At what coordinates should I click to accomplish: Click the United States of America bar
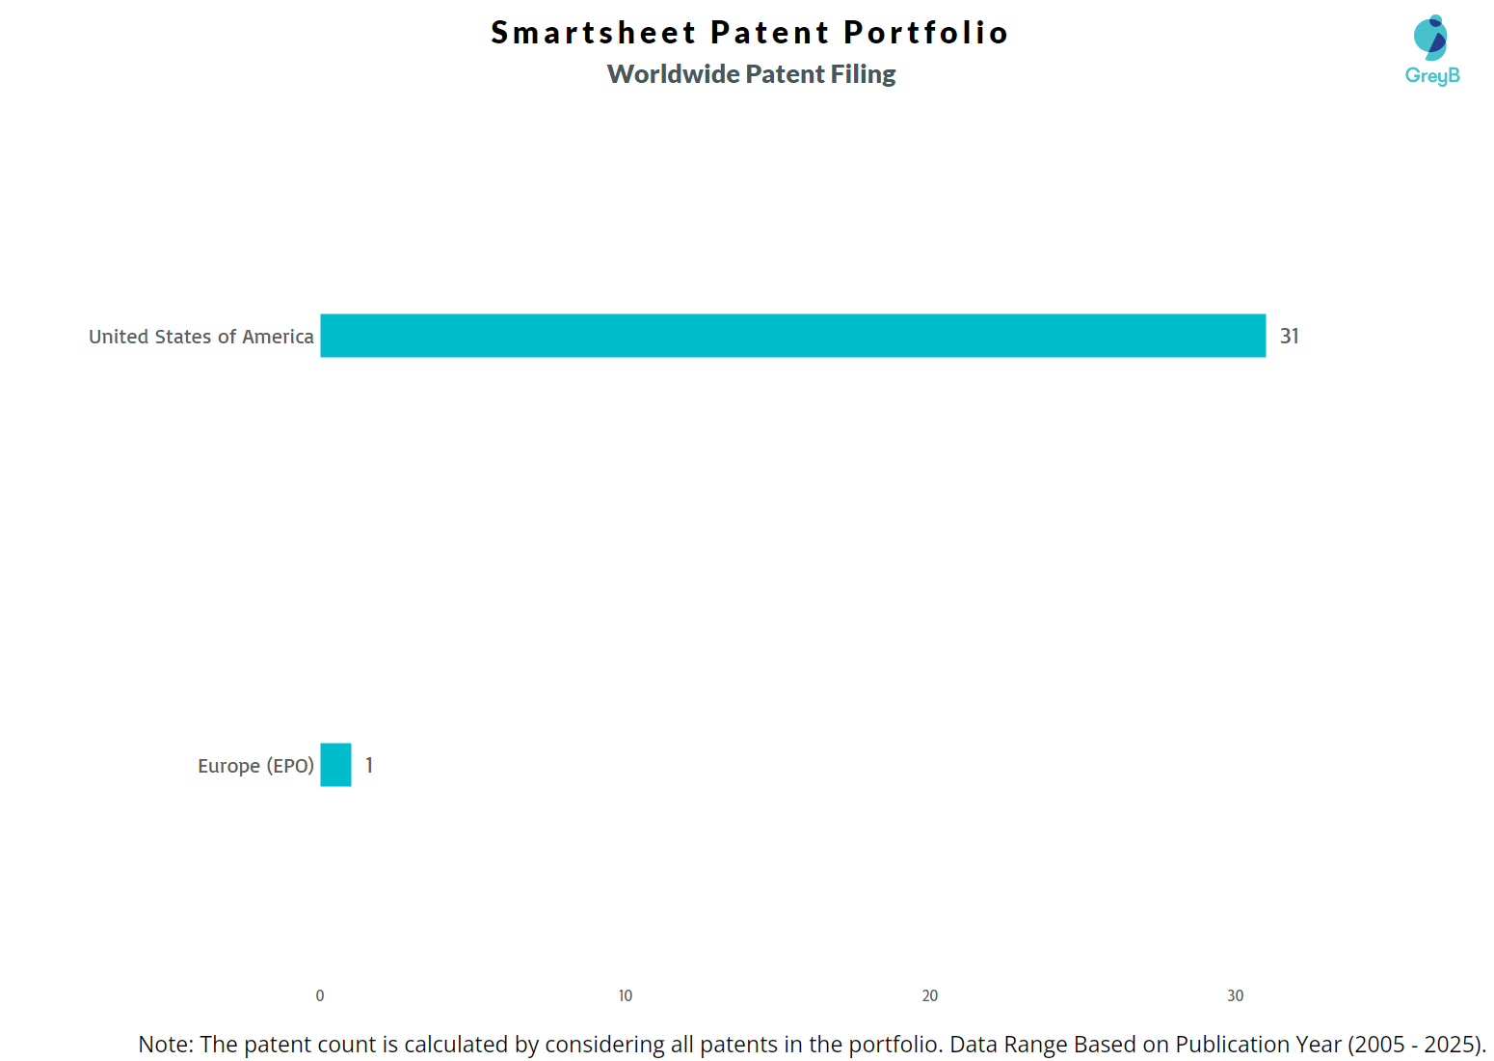(x=792, y=336)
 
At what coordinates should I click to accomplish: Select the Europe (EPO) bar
(x=335, y=765)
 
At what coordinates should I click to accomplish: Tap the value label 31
(x=1289, y=336)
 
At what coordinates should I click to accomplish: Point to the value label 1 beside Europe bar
(x=369, y=765)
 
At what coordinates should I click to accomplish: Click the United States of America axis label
(x=201, y=337)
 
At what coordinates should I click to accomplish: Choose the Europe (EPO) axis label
(x=255, y=766)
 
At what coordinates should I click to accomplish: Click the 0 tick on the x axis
(x=320, y=995)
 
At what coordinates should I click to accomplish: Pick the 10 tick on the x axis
(x=626, y=995)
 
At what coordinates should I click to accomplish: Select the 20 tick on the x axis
(x=930, y=995)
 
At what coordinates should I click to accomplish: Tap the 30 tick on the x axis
(x=1235, y=995)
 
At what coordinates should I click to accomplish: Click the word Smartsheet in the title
(x=593, y=33)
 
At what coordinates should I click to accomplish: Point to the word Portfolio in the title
(x=925, y=33)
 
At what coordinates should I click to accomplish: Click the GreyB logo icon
(x=1430, y=38)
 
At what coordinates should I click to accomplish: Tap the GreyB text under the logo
(x=1432, y=75)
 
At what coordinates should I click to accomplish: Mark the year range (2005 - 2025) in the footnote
(x=1415, y=1045)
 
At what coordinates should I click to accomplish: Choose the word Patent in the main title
(x=769, y=33)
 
